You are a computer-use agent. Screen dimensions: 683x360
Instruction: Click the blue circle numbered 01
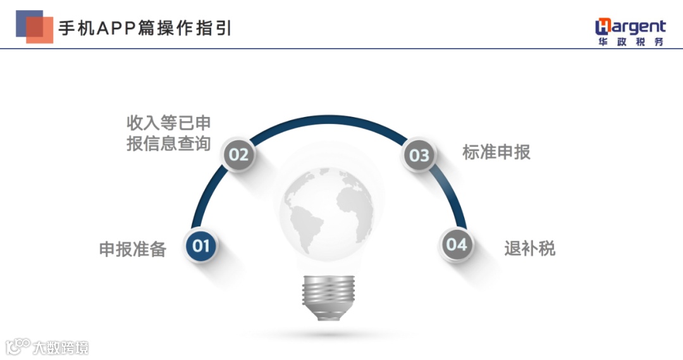(x=201, y=245)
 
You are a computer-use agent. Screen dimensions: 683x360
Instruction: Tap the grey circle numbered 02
(x=239, y=154)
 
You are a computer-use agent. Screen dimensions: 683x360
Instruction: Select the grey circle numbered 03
(x=419, y=155)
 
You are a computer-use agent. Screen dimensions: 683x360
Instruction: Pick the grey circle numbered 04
(x=456, y=244)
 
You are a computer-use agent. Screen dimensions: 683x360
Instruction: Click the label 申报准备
(x=133, y=249)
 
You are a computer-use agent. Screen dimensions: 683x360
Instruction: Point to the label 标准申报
(x=496, y=152)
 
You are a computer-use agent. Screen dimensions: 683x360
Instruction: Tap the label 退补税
(x=530, y=248)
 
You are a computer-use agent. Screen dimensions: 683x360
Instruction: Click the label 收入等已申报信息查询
(x=168, y=133)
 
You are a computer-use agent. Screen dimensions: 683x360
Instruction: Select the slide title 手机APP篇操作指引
(x=145, y=28)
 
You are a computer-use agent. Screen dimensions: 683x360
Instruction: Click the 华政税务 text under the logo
(x=631, y=42)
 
